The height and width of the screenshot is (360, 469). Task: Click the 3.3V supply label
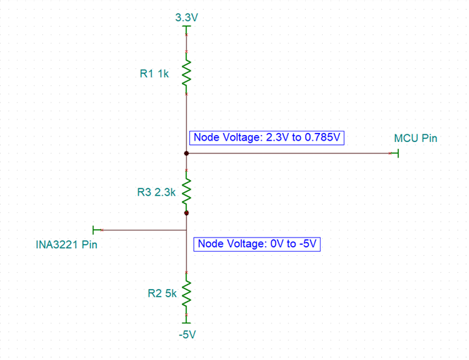pyautogui.click(x=186, y=18)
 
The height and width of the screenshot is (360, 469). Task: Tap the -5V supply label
pyautogui.click(x=186, y=335)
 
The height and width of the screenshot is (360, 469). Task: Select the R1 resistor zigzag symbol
pyautogui.click(x=186, y=72)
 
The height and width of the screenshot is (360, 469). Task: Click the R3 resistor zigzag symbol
pyautogui.click(x=186, y=189)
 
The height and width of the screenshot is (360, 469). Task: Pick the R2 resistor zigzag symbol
pyautogui.click(x=186, y=291)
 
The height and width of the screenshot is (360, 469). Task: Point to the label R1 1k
pyautogui.click(x=154, y=73)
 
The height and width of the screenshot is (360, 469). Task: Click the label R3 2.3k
pyautogui.click(x=155, y=191)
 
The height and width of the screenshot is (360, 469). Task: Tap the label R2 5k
pyautogui.click(x=162, y=294)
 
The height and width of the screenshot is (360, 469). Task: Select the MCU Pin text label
pyautogui.click(x=416, y=139)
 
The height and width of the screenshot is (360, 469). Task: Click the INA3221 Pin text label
pyautogui.click(x=66, y=245)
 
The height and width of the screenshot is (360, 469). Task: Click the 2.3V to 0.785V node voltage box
pyautogui.click(x=267, y=138)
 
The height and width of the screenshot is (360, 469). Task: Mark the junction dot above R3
pyautogui.click(x=186, y=153)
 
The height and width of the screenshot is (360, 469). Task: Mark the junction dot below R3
pyautogui.click(x=186, y=212)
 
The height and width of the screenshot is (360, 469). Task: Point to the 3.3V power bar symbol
pyautogui.click(x=186, y=27)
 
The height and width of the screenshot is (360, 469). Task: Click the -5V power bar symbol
pyautogui.click(x=186, y=322)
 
